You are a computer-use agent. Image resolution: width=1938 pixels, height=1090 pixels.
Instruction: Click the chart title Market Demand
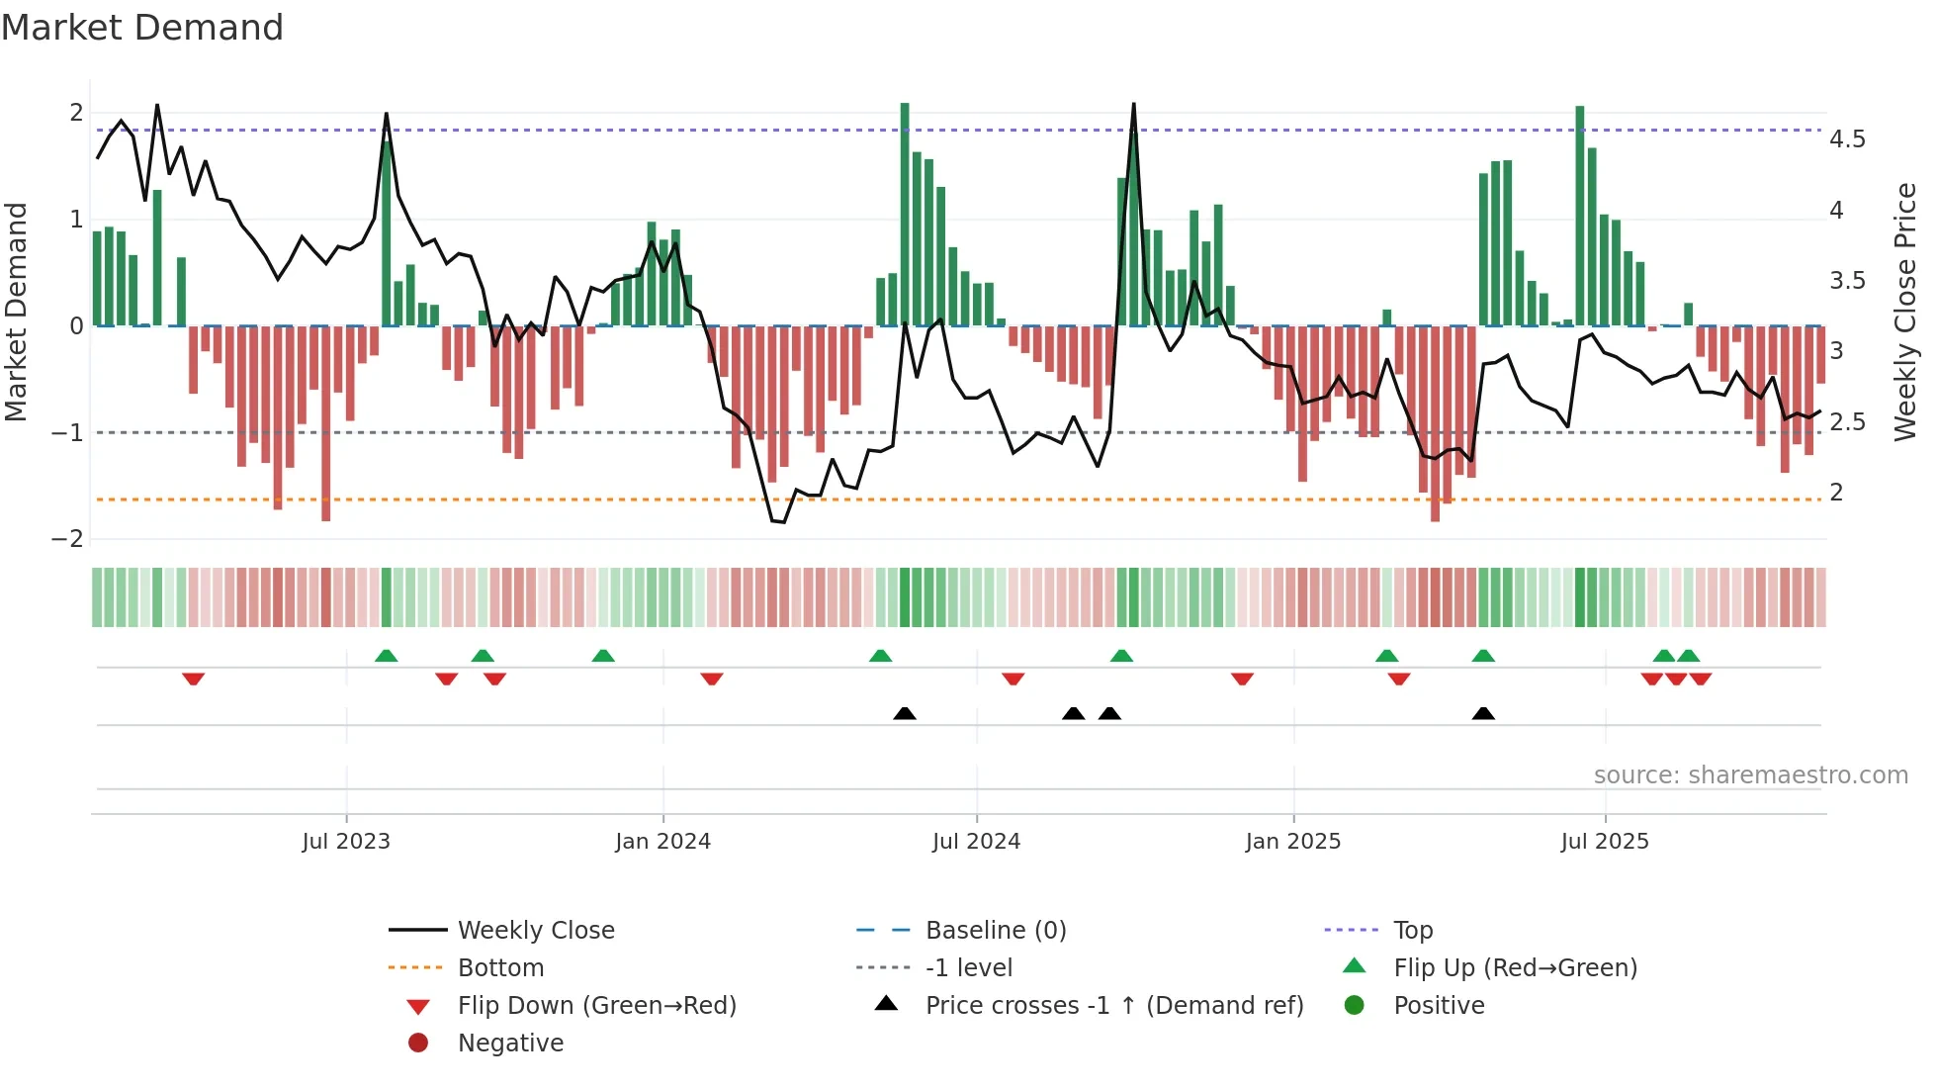click(142, 28)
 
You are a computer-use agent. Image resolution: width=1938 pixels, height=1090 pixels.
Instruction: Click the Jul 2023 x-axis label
click(346, 842)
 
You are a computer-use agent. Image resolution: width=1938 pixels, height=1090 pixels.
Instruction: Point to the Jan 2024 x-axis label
click(662, 842)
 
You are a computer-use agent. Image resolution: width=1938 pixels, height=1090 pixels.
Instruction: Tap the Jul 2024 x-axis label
click(976, 842)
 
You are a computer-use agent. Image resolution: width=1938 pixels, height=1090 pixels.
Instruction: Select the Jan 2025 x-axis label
click(1292, 842)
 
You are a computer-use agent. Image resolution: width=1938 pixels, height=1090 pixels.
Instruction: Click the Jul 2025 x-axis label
click(1605, 842)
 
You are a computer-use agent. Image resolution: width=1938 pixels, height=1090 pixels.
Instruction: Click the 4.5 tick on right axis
click(1847, 139)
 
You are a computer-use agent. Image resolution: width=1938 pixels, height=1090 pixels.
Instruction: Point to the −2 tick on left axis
click(68, 539)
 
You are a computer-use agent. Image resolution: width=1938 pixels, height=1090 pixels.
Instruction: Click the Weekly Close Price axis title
click(1904, 312)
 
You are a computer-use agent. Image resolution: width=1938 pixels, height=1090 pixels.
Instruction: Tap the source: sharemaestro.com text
click(1750, 775)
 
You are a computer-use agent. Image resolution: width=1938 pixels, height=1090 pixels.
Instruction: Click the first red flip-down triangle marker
click(194, 679)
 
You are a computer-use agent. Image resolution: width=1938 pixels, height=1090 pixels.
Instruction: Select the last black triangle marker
click(1482, 713)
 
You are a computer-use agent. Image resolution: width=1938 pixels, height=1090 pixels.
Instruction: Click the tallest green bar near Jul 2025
click(1580, 213)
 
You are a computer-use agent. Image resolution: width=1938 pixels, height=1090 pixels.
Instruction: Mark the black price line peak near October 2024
click(1133, 105)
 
